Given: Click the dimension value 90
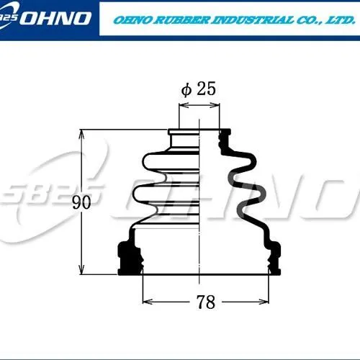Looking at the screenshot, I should (x=81, y=202).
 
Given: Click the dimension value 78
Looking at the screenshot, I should (x=206, y=302).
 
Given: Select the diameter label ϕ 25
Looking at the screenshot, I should (x=199, y=89).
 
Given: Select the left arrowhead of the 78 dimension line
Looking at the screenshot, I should (x=145, y=297).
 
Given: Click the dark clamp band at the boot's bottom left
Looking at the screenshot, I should (x=130, y=258).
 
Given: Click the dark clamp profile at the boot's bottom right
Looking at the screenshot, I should (x=272, y=259).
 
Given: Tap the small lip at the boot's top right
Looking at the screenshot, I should (x=226, y=133).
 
